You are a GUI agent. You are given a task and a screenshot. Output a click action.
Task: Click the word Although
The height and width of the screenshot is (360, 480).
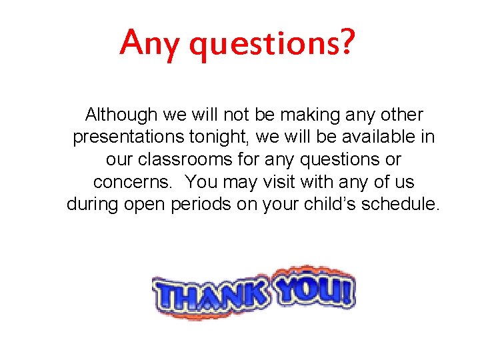pyautogui.click(x=121, y=115)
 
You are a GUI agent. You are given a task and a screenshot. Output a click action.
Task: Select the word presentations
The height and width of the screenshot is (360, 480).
pyautogui.click(x=127, y=137)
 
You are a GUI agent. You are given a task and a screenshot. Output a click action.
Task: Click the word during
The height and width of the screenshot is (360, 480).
pyautogui.click(x=93, y=204)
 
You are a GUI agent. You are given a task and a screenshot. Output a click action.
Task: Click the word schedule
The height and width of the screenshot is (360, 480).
pyautogui.click(x=401, y=204)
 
